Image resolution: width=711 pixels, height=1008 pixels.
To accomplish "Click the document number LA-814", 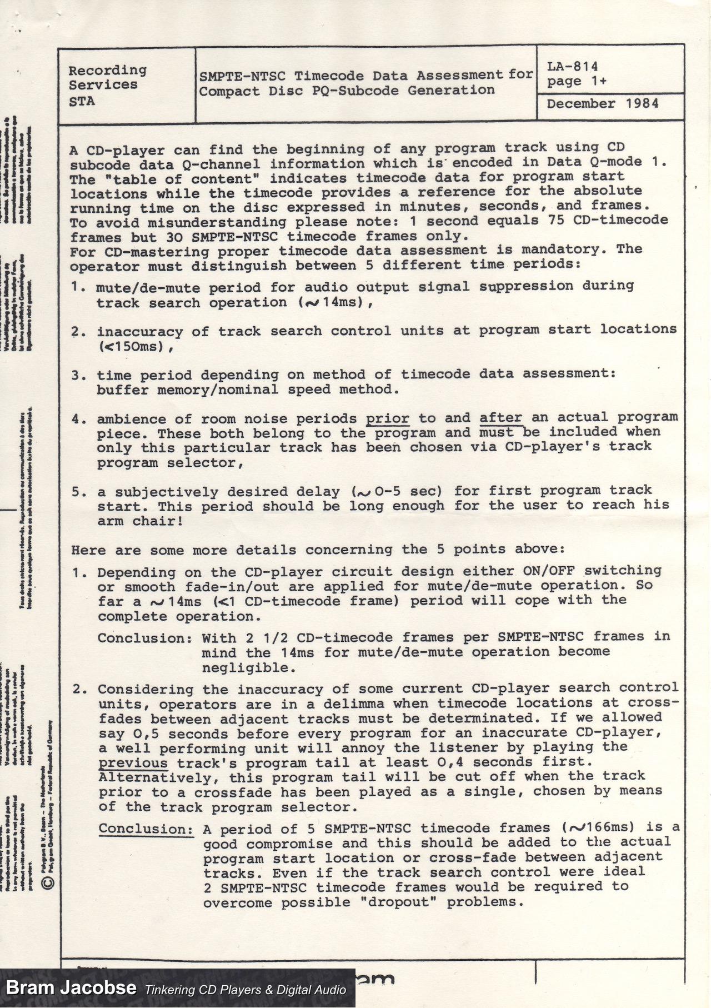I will point(572,67).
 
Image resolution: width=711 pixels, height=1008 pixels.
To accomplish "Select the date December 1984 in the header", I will point(603,104).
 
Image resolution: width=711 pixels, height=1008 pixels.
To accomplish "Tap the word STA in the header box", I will point(82,102).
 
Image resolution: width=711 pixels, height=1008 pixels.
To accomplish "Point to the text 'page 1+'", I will point(577,82).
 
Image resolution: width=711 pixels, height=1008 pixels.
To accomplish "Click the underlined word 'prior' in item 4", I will point(387,418).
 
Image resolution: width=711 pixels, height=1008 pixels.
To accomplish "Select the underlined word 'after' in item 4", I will point(501,418).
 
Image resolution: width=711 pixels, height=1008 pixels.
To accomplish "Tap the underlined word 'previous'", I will point(133,764).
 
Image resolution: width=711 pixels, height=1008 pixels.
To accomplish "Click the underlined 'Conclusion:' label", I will point(146,830).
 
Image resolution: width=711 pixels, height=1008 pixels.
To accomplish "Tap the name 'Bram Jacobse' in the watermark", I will point(71,988).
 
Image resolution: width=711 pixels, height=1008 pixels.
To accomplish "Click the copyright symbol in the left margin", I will point(48,882).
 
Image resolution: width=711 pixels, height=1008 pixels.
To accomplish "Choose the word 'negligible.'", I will point(246,667).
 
